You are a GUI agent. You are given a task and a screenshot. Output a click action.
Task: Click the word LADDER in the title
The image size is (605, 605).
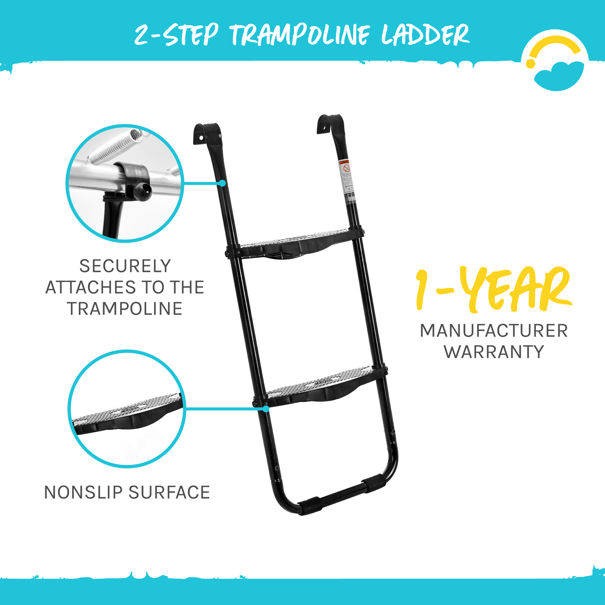(425, 35)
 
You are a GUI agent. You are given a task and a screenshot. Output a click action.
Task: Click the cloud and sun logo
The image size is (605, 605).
(555, 61)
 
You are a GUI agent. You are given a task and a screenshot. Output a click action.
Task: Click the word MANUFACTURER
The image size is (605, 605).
(494, 331)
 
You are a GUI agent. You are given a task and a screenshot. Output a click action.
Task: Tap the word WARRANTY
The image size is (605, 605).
(494, 352)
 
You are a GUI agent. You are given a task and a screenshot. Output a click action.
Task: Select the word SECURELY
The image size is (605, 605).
(125, 266)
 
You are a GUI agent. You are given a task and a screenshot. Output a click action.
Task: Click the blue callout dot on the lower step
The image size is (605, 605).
(266, 409)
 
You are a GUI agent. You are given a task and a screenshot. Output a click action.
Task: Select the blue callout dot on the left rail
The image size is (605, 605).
(222, 183)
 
